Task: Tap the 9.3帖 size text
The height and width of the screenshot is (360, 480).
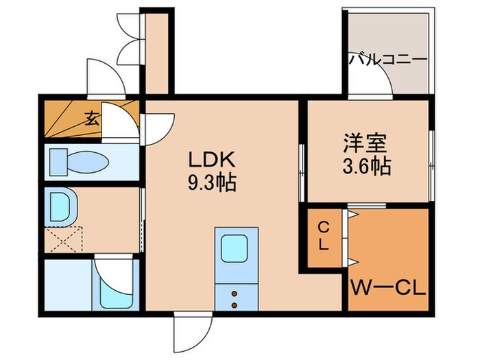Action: pyautogui.click(x=213, y=184)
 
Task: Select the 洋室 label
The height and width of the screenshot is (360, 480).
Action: pyautogui.click(x=365, y=145)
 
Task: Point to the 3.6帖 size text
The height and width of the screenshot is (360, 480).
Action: pyautogui.click(x=366, y=167)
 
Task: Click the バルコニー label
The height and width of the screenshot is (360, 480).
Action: pyautogui.click(x=388, y=59)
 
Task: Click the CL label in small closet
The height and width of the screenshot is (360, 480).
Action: pyautogui.click(x=324, y=234)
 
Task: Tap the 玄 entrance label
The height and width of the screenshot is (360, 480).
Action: pyautogui.click(x=92, y=117)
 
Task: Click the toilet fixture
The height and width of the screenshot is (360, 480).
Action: pyautogui.click(x=79, y=163)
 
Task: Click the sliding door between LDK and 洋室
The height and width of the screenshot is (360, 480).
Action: pyautogui.click(x=301, y=171)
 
